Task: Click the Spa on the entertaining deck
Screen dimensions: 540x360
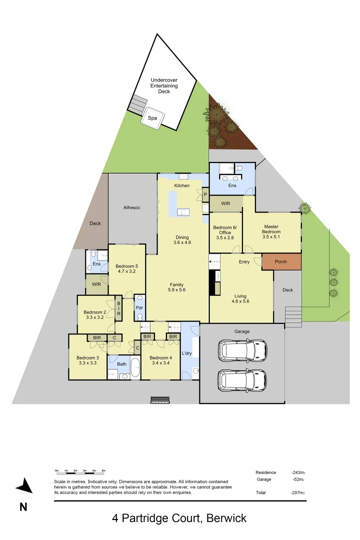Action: [152, 118]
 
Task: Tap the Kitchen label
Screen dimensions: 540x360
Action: [181, 185]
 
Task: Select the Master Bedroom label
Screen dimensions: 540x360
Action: [271, 229]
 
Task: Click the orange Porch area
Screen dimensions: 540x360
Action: [281, 261]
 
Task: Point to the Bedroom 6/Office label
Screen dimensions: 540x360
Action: [225, 230]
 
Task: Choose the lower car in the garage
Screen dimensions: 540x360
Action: [242, 379]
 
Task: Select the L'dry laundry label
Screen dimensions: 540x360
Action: [187, 353]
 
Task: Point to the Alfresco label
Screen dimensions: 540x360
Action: [131, 207]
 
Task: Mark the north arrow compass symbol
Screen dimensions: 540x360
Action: [24, 486]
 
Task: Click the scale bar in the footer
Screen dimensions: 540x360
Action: [79, 471]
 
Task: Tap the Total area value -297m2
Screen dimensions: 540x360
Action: [298, 492]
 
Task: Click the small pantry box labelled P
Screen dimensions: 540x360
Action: [205, 194]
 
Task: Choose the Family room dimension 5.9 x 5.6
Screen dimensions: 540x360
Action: [177, 290]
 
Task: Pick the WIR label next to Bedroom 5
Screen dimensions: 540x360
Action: [96, 285]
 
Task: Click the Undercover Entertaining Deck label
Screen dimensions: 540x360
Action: [163, 85]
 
